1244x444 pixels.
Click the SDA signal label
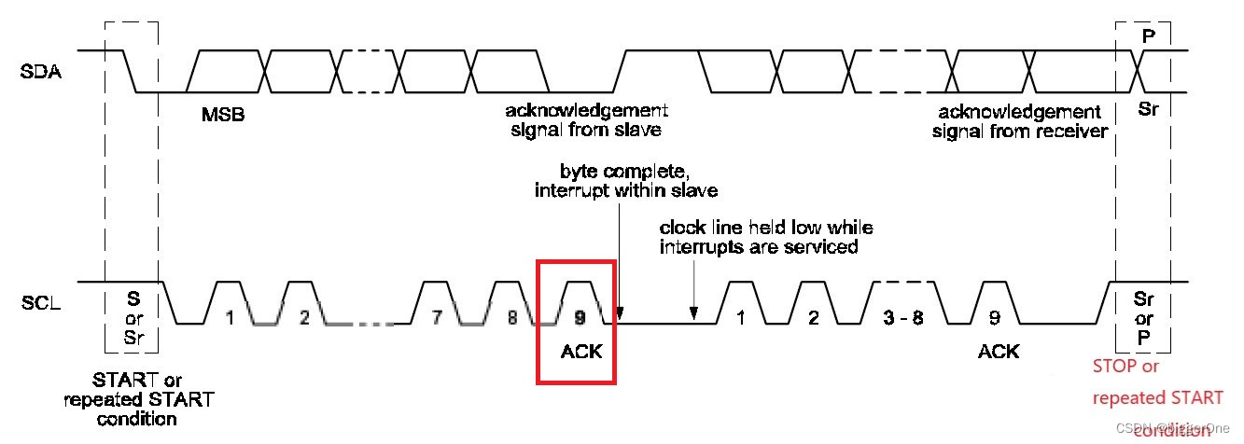coord(41,71)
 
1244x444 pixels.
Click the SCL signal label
coord(41,302)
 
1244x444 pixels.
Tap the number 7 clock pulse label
coord(437,317)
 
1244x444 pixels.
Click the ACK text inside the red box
coord(581,352)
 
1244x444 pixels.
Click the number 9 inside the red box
coord(580,317)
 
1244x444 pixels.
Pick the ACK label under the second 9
coord(999,352)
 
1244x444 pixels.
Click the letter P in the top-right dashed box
coord(1148,35)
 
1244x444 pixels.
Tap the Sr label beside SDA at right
coord(1148,109)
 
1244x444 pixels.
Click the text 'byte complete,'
coord(611,173)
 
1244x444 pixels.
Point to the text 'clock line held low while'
coord(766,229)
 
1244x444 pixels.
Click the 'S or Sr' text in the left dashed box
coord(134,318)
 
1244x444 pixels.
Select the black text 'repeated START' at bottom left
coord(138,400)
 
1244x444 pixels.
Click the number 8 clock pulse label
coord(511,317)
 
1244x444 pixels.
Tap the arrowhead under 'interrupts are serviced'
coord(693,314)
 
